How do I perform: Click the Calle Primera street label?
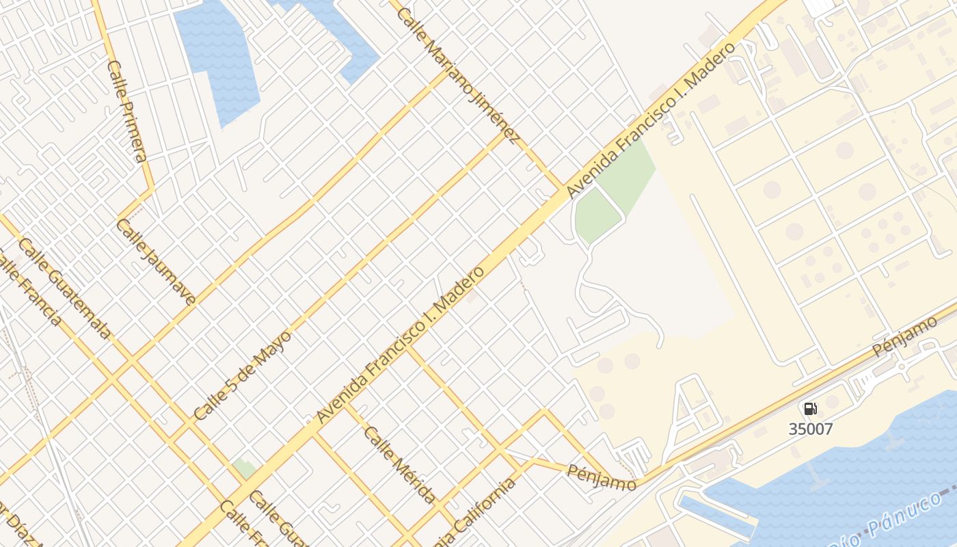pyautogui.click(x=127, y=111)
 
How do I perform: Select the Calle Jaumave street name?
pyautogui.click(x=156, y=261)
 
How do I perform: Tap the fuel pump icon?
pyautogui.click(x=810, y=409)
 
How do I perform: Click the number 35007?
pyautogui.click(x=811, y=429)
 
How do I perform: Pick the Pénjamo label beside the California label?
pyautogui.click(x=602, y=477)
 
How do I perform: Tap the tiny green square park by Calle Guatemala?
pyautogui.click(x=244, y=469)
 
